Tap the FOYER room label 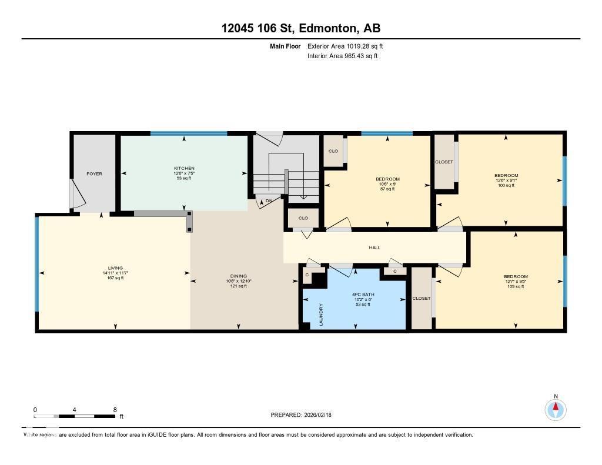(94, 174)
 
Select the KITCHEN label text (184, 168)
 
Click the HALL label (374, 247)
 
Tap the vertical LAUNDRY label (321, 315)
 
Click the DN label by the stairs (269, 201)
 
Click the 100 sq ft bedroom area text (506, 185)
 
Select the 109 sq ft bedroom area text (515, 286)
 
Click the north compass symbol (555, 409)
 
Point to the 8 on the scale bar (115, 410)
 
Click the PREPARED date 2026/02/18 (300, 415)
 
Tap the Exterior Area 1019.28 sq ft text (345, 46)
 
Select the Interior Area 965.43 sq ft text (342, 56)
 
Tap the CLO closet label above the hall (303, 218)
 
